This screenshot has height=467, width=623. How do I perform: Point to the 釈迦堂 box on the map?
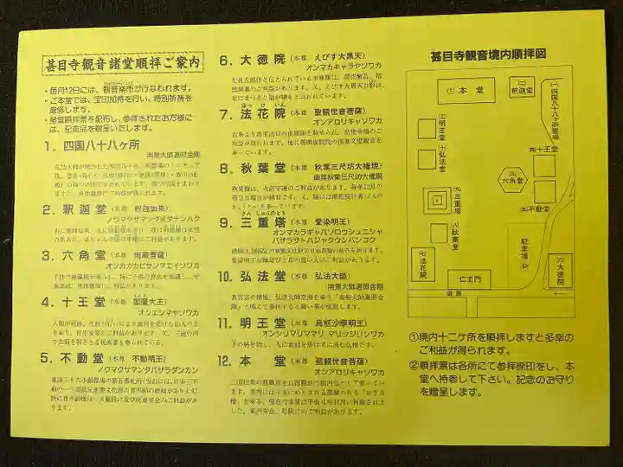tap(521, 89)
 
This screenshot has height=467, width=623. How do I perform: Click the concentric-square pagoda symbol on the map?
tap(436, 201)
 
